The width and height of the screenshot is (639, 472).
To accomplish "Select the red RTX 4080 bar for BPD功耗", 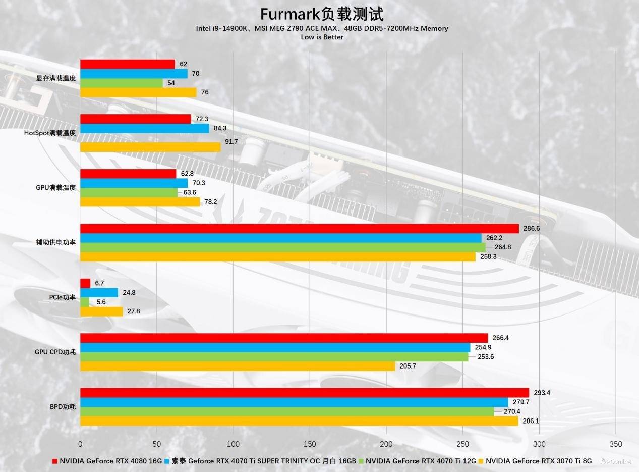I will point(305,393).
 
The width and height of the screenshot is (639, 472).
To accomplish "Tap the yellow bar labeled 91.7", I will point(150,147).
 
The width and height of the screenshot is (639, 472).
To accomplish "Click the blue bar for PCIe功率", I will point(99,293).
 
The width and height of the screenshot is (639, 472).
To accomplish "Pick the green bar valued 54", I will point(122,83).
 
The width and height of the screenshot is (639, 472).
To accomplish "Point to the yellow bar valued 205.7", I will point(238,366).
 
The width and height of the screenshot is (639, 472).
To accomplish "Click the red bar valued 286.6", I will point(300,229).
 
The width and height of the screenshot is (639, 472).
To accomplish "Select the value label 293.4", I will point(542,393).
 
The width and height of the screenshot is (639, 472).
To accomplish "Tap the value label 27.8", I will point(134,311).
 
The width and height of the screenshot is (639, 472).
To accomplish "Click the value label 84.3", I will point(220,128).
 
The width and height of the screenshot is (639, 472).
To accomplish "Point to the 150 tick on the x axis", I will point(310,444).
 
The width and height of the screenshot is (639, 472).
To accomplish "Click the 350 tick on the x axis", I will point(615,444).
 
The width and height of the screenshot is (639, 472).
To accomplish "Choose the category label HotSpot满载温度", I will point(50,133).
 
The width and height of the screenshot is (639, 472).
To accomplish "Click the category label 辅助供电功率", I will point(56,242).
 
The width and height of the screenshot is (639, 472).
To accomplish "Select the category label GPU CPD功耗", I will point(55,352).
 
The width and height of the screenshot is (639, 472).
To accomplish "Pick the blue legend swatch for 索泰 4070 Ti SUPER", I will point(167,461).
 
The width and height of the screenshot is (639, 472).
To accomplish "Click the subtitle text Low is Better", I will point(322,37).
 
